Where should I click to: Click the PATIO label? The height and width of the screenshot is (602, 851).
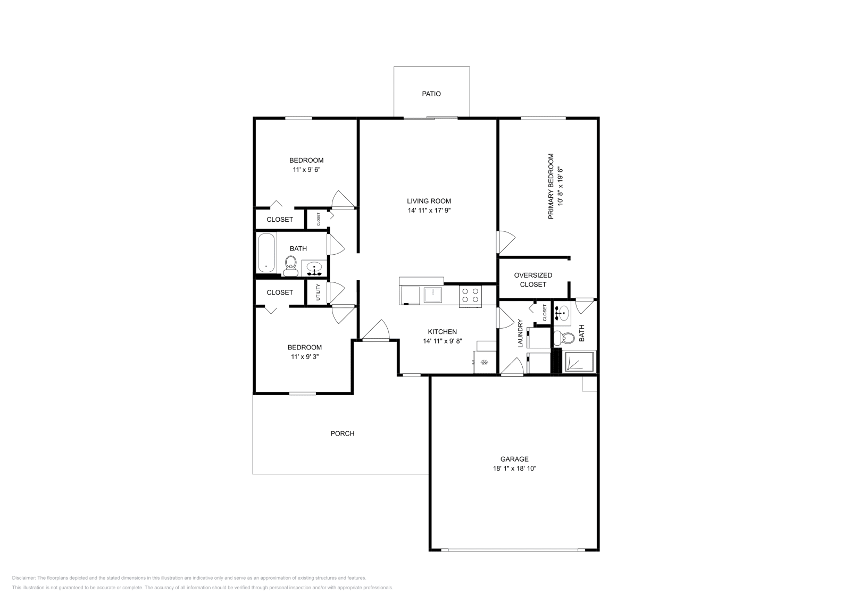[431, 94]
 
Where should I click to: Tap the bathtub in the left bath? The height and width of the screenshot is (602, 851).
[266, 253]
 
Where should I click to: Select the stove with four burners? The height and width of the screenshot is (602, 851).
[471, 296]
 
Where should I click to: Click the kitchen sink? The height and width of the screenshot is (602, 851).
[433, 294]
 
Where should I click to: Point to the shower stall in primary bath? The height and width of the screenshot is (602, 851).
[580, 362]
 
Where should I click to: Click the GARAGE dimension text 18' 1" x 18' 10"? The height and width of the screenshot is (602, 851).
[514, 469]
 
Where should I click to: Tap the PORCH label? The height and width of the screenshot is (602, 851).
[343, 433]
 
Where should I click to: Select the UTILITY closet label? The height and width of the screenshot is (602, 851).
[318, 292]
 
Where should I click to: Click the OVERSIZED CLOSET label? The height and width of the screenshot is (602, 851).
[533, 280]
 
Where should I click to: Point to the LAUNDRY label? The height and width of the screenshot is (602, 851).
[521, 334]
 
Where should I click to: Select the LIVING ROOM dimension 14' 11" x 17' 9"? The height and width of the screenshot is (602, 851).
[429, 211]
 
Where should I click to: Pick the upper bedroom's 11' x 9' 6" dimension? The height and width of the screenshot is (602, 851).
[306, 170]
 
